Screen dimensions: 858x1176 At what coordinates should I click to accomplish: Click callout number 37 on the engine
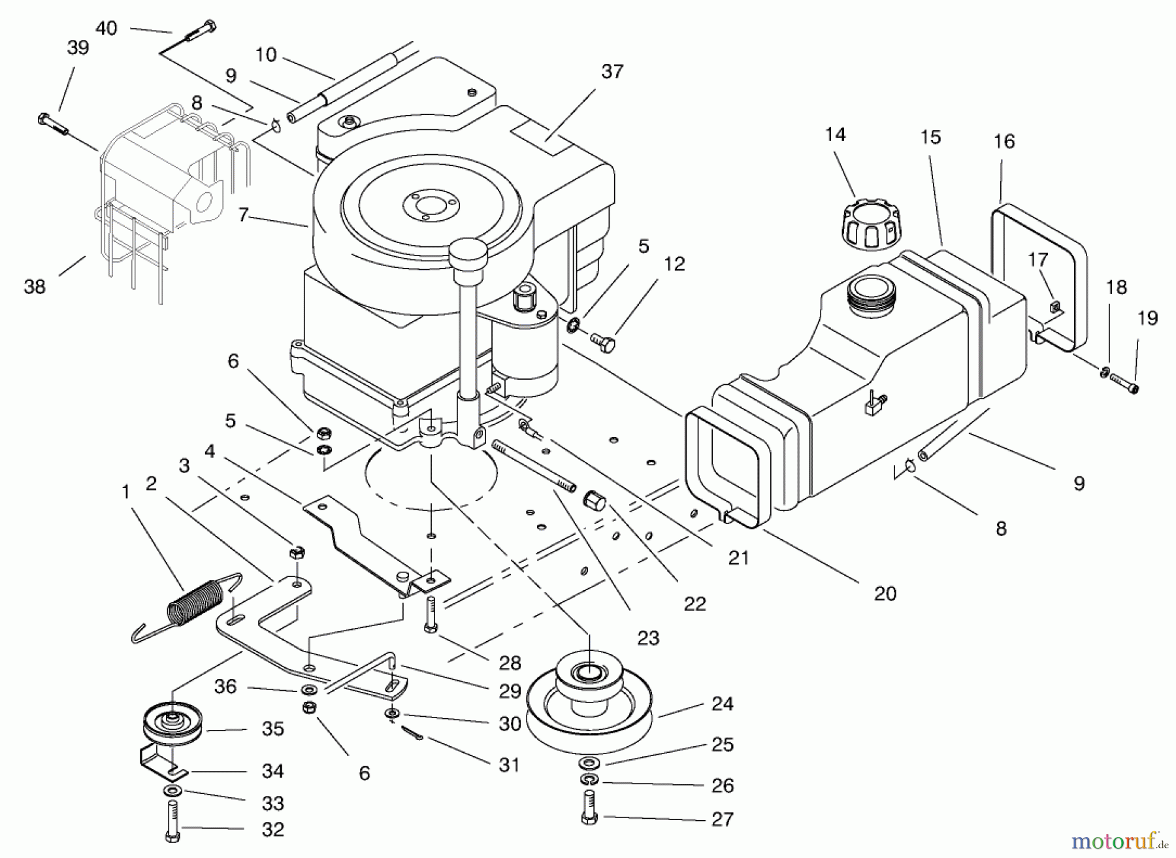tap(612, 71)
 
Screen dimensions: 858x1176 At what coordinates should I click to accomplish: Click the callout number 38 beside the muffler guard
tap(35, 286)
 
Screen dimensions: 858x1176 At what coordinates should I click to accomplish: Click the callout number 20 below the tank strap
tap(885, 593)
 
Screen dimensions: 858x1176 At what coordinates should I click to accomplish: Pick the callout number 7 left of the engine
tap(244, 215)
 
